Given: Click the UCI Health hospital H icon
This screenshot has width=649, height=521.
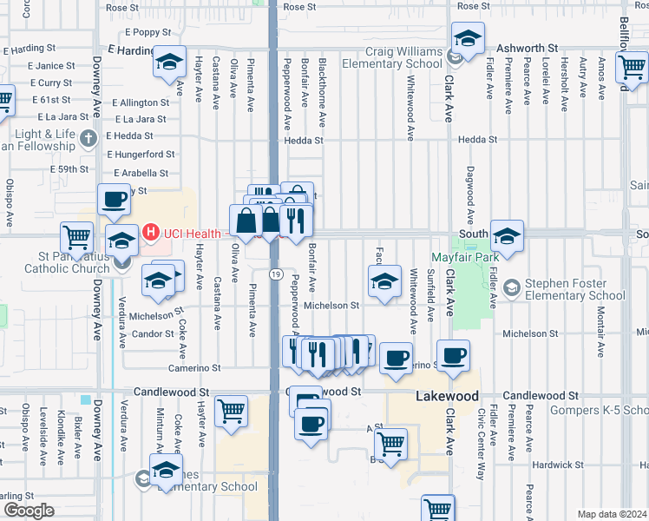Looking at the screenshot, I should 151,232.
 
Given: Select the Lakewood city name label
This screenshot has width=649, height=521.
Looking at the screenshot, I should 448,396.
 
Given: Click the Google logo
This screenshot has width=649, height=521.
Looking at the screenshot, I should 29,511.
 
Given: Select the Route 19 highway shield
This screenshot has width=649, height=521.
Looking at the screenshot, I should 274,274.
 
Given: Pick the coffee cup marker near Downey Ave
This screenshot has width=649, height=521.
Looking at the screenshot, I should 113,200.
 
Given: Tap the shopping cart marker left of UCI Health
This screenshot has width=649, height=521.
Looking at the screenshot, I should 76,235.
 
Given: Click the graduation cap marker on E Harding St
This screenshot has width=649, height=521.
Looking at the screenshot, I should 169,61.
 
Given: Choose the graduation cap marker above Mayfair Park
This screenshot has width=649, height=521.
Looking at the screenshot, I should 506,234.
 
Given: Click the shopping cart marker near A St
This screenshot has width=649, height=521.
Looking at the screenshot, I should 391,443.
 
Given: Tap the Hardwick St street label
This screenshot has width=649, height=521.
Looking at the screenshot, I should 554,465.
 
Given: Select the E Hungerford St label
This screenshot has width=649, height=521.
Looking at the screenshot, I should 141,154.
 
